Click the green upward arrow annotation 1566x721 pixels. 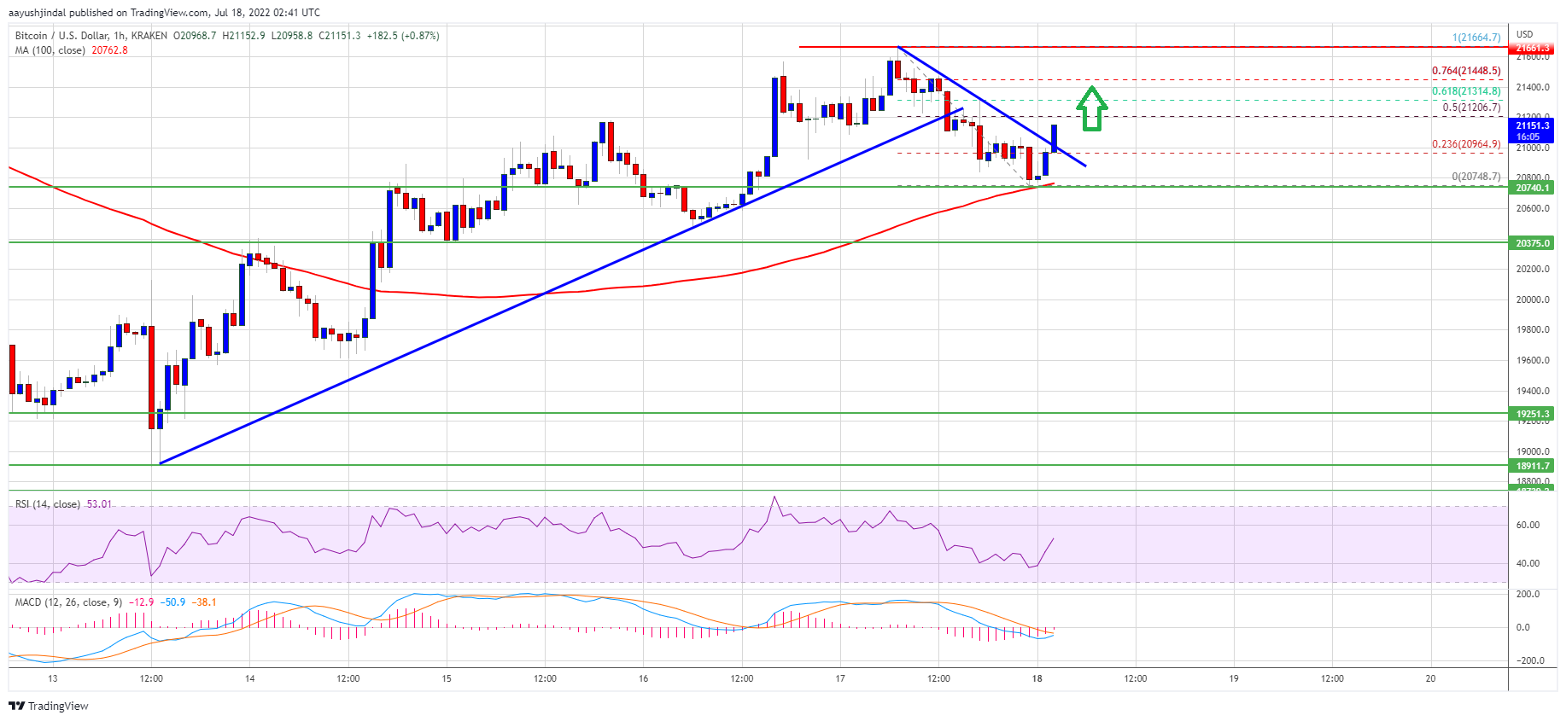tap(1091, 108)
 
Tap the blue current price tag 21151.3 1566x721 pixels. tap(1532, 131)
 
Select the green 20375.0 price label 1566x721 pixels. tap(1532, 243)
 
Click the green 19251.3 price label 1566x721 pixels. tap(1532, 414)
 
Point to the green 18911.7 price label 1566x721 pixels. tap(1532, 466)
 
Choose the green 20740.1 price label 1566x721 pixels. tap(1532, 188)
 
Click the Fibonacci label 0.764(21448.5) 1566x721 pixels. tap(1465, 71)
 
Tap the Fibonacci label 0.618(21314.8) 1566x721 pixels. tap(1465, 91)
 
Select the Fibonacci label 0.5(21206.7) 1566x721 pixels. tap(1470, 108)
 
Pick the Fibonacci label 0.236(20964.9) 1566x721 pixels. tap(1465, 144)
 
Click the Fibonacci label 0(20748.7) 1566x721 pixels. tap(1475, 177)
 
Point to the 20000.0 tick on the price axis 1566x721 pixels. tap(1532, 299)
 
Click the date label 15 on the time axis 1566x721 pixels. tap(447, 678)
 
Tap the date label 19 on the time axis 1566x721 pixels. tap(1233, 678)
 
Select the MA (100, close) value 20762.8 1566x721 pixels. tap(109, 50)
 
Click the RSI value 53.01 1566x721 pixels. tap(99, 504)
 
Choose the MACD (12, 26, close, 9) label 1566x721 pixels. tap(61, 602)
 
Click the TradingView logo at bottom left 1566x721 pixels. tap(49, 706)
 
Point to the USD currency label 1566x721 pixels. tap(1524, 34)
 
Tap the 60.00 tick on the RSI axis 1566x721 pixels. tap(1528, 525)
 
